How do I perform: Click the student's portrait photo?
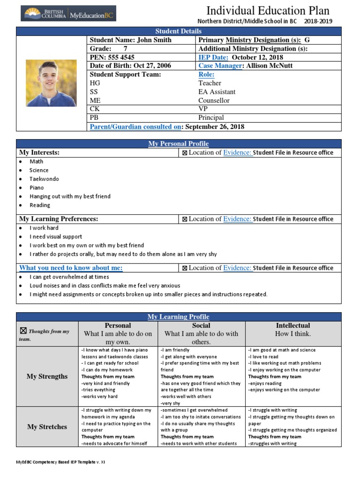click(x=51, y=83)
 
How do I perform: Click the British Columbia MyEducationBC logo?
click(x=68, y=14)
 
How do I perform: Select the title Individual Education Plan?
click(x=268, y=10)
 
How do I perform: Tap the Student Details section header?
click(x=179, y=31)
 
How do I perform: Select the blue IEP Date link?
click(x=213, y=57)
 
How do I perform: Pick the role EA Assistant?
click(x=217, y=92)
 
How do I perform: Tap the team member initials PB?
click(x=94, y=118)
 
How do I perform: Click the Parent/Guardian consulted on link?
click(x=135, y=127)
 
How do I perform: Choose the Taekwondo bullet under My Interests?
click(x=44, y=179)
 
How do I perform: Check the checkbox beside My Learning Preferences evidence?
click(x=185, y=219)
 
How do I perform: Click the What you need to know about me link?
click(x=71, y=268)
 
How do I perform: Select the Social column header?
click(x=201, y=325)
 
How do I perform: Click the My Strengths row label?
click(x=47, y=376)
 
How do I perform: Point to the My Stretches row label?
click(x=47, y=427)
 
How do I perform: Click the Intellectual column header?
click(x=293, y=325)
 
